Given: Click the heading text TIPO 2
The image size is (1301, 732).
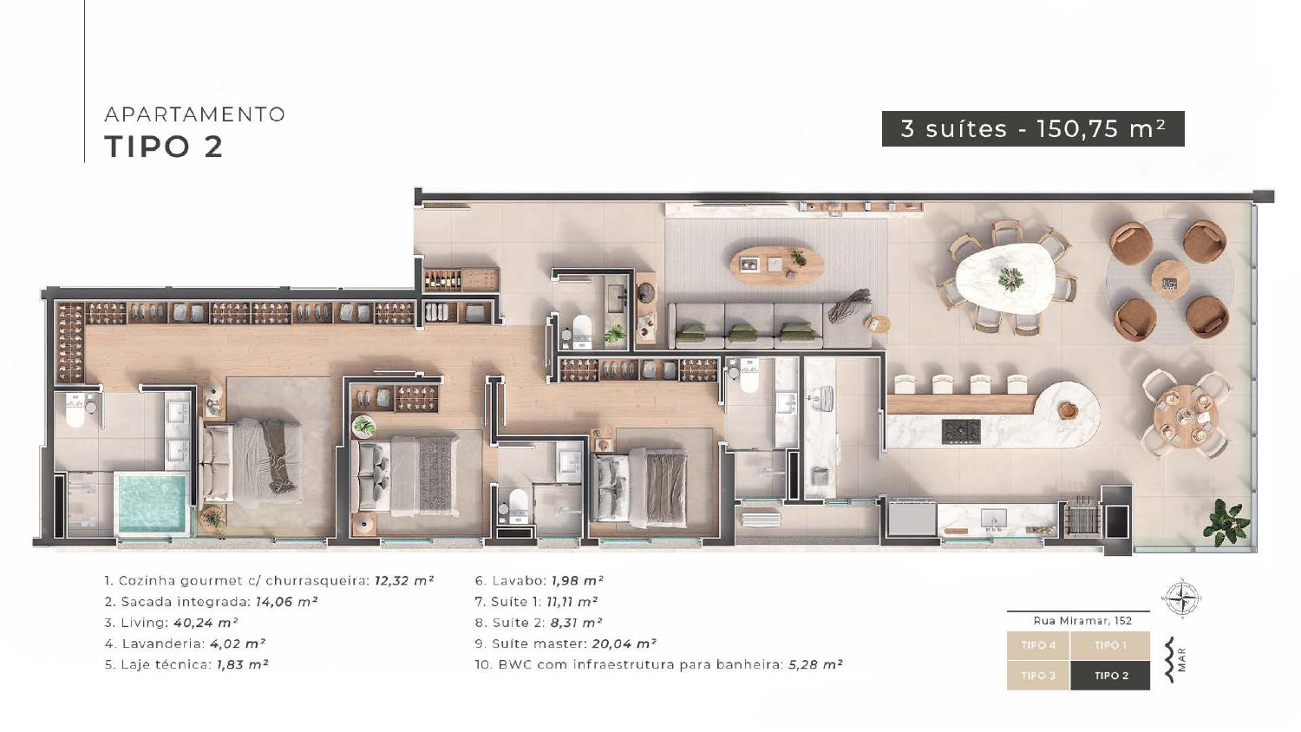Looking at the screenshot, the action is (x=164, y=147).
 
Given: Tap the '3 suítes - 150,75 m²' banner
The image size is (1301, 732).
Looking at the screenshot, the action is (x=1033, y=129).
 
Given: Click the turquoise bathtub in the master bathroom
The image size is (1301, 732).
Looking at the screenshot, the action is (x=153, y=504).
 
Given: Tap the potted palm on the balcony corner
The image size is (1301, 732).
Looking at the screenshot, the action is (x=1226, y=522).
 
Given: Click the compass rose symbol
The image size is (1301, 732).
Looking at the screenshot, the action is (x=1182, y=598).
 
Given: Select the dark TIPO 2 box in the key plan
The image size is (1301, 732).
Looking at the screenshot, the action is (x=1110, y=676).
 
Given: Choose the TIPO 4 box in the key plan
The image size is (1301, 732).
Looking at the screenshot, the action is (x=1038, y=645).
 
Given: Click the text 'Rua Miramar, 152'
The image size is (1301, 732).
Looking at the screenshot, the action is (x=1082, y=620).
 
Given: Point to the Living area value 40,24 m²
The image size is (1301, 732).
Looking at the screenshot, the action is (x=206, y=623).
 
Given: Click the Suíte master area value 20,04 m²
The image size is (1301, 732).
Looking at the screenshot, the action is (x=624, y=644).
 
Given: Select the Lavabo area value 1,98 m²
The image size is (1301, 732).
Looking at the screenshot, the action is (x=578, y=580).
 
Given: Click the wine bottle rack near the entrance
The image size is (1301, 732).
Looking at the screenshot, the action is (x=442, y=280).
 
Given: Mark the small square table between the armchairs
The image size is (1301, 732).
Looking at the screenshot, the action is (x=1170, y=279).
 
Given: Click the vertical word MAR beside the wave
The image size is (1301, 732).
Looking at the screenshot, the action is (x=1182, y=659).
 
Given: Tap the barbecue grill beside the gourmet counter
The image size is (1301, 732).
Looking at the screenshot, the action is (x=1081, y=515).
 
